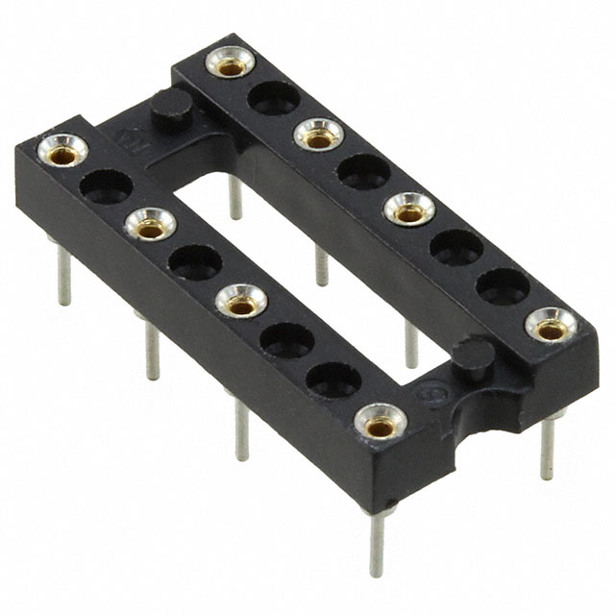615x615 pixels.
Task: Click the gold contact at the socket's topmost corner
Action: coord(231,65)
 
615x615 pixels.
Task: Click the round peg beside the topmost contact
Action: coord(171,109)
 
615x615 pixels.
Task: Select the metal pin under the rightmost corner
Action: coord(548,448)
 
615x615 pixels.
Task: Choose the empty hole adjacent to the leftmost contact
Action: coord(106,185)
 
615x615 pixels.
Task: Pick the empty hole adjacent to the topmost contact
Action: coord(275,96)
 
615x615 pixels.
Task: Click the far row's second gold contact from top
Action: coord(318,134)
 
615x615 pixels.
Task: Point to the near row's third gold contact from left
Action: coord(241,303)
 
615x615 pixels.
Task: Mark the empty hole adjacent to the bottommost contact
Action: coord(332,378)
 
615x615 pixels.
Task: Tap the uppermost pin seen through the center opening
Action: coord(234,197)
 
